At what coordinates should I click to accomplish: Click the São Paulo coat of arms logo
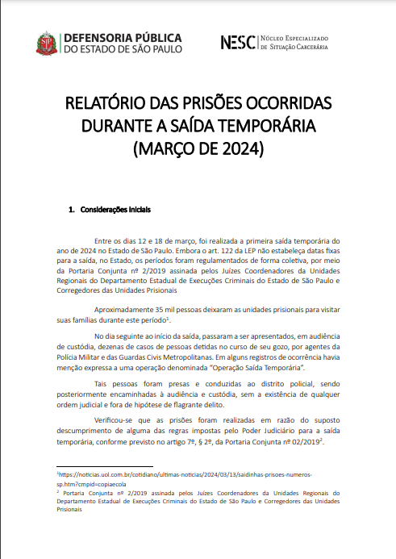point(46,44)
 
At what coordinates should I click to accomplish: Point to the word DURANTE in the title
point(116,127)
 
